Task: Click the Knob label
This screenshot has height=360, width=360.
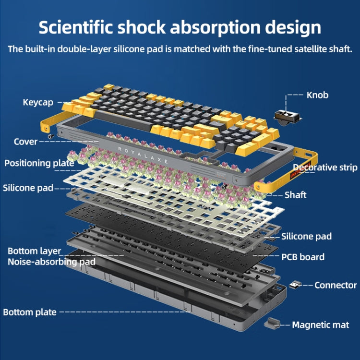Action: pyautogui.click(x=317, y=95)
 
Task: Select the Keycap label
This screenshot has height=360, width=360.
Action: pyautogui.click(x=38, y=102)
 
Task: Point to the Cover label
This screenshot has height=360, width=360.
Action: pyautogui.click(x=25, y=142)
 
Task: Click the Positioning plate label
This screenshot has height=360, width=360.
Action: pyautogui.click(x=39, y=163)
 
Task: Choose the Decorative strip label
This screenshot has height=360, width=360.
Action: pyautogui.click(x=325, y=168)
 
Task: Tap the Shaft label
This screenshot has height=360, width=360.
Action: pyautogui.click(x=295, y=195)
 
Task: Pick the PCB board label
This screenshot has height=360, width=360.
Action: pyautogui.click(x=302, y=257)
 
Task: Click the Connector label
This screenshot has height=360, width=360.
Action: pyautogui.click(x=336, y=285)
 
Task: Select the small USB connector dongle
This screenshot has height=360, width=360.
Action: pyautogui.click(x=294, y=285)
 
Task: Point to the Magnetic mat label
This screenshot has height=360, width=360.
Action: pyautogui.click(x=321, y=325)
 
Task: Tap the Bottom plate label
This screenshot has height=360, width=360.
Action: pyautogui.click(x=30, y=312)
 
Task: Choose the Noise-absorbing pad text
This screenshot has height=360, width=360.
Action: pyautogui.click(x=51, y=262)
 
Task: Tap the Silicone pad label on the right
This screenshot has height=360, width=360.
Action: pyautogui.click(x=306, y=236)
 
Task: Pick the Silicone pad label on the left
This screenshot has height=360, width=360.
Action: pyautogui.click(x=28, y=188)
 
